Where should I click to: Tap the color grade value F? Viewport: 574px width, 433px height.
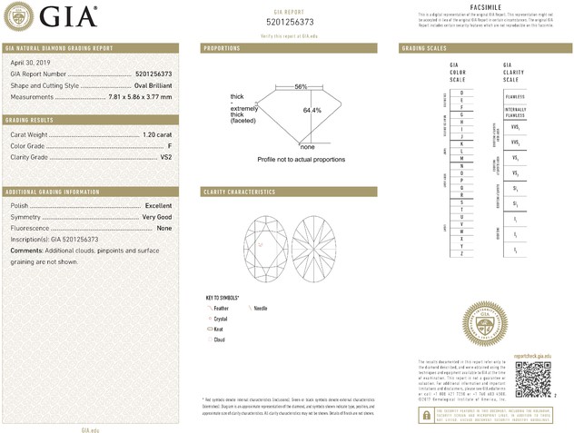tap(170, 145)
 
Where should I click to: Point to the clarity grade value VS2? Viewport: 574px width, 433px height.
tap(166, 156)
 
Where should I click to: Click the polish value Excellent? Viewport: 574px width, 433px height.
tap(158, 206)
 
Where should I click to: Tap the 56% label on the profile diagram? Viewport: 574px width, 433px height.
tap(301, 86)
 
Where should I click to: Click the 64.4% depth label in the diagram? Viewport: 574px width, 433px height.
tap(312, 111)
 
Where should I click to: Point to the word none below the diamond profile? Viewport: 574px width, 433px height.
tap(307, 147)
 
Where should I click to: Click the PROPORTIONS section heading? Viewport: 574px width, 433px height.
tap(222, 47)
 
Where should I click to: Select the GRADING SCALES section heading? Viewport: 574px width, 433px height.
tap(423, 47)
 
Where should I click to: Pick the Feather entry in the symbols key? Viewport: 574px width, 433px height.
tap(222, 309)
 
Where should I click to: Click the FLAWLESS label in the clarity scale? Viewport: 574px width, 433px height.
tap(515, 96)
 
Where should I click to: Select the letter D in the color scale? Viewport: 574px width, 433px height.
tap(462, 93)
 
